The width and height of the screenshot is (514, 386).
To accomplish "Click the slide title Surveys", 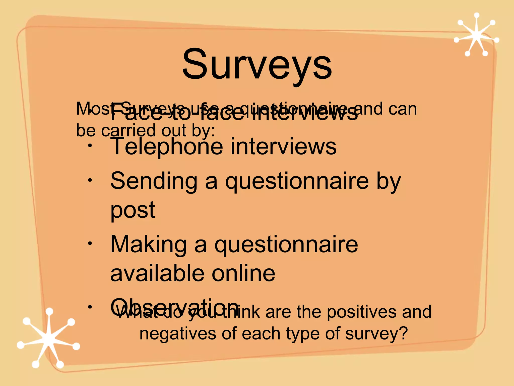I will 257,65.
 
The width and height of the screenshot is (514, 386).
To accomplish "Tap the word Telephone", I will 167,147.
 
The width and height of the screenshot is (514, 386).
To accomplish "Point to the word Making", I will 148,244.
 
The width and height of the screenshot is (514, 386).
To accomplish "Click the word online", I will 243,273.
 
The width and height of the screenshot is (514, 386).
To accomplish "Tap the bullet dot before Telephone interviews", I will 90,147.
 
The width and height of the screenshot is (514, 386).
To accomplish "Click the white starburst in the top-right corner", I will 476,35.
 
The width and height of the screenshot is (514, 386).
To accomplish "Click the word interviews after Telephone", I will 283,147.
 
